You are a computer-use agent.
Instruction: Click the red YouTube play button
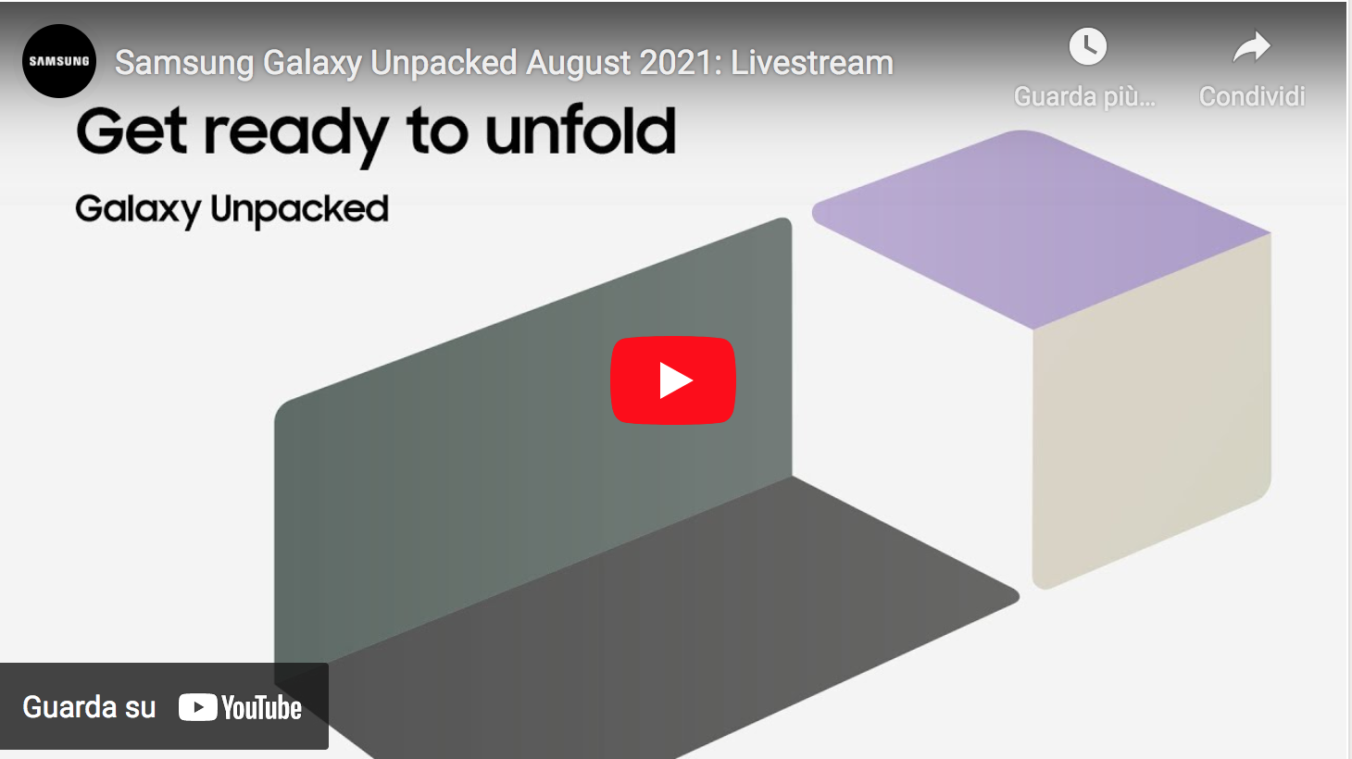[673, 380]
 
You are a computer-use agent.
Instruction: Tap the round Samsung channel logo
[59, 61]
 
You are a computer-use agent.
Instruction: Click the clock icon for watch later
[1087, 46]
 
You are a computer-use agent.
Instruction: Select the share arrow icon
[1251, 46]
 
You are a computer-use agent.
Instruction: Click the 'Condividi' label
[1252, 96]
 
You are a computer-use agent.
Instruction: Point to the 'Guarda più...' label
[1084, 96]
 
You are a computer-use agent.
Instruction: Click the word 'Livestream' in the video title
[812, 63]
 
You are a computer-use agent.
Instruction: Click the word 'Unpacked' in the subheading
[299, 210]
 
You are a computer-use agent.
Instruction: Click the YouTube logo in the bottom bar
[241, 708]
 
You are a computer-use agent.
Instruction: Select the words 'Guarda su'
[89, 707]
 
